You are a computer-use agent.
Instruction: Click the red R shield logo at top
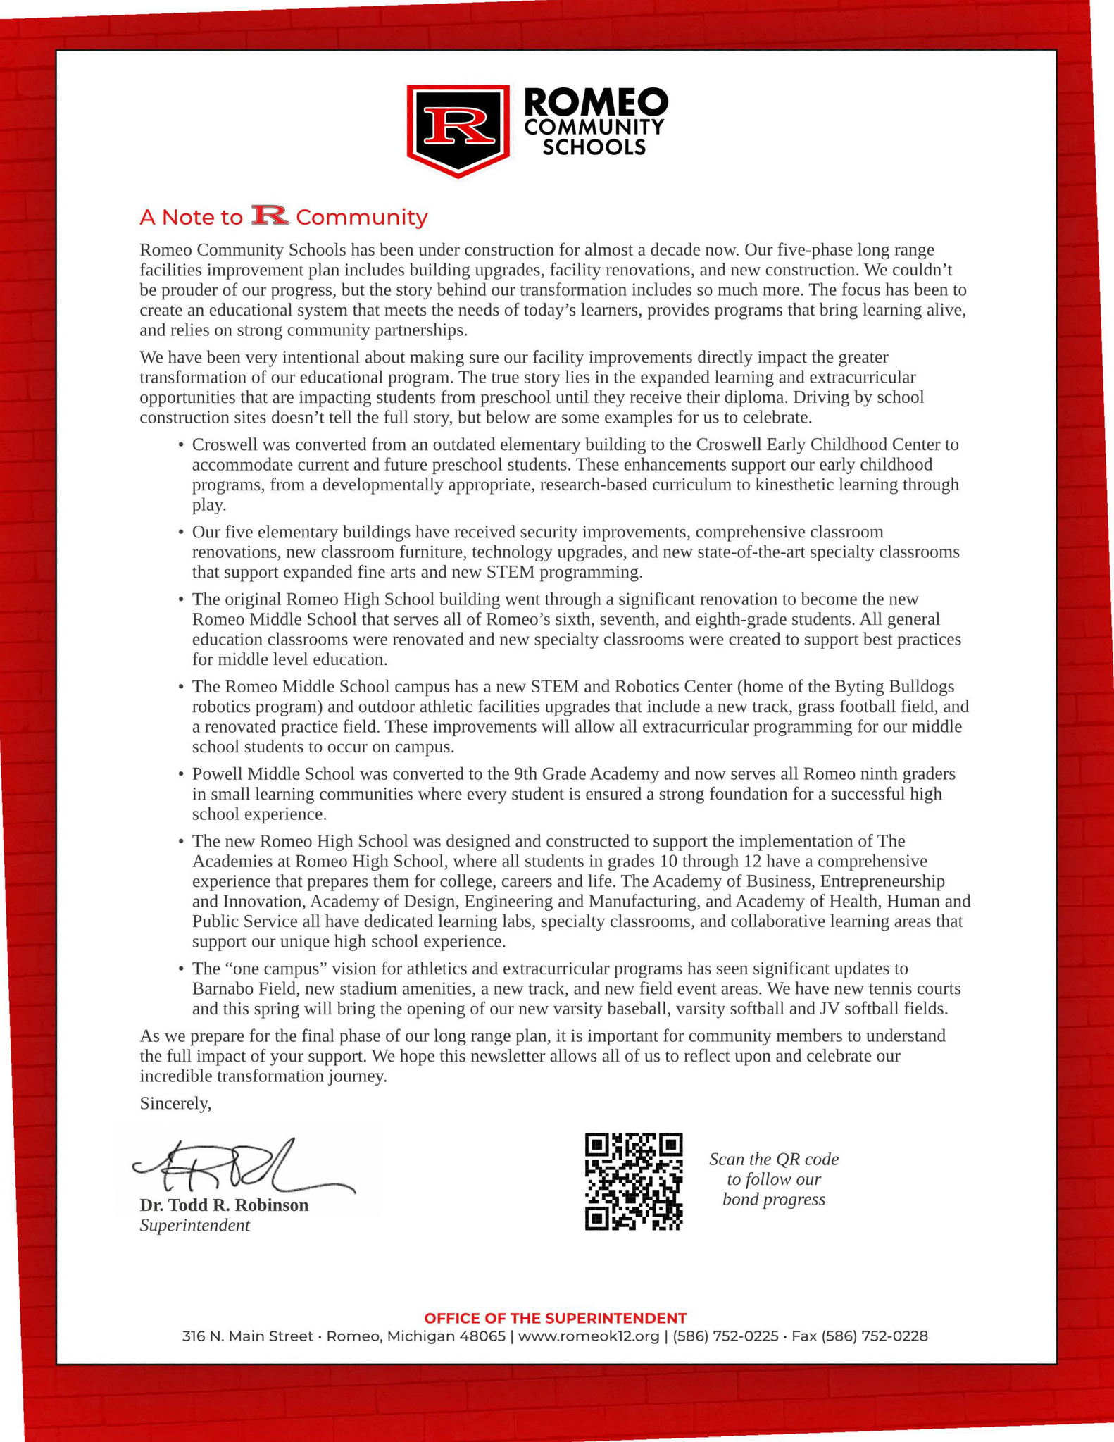458,129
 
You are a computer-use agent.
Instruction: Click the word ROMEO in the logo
596,103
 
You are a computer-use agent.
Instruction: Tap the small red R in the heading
270,216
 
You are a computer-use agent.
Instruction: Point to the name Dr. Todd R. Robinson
224,1205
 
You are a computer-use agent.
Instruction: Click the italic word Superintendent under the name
194,1225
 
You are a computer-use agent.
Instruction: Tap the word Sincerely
175,1103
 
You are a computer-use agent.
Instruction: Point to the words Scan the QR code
774,1159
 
